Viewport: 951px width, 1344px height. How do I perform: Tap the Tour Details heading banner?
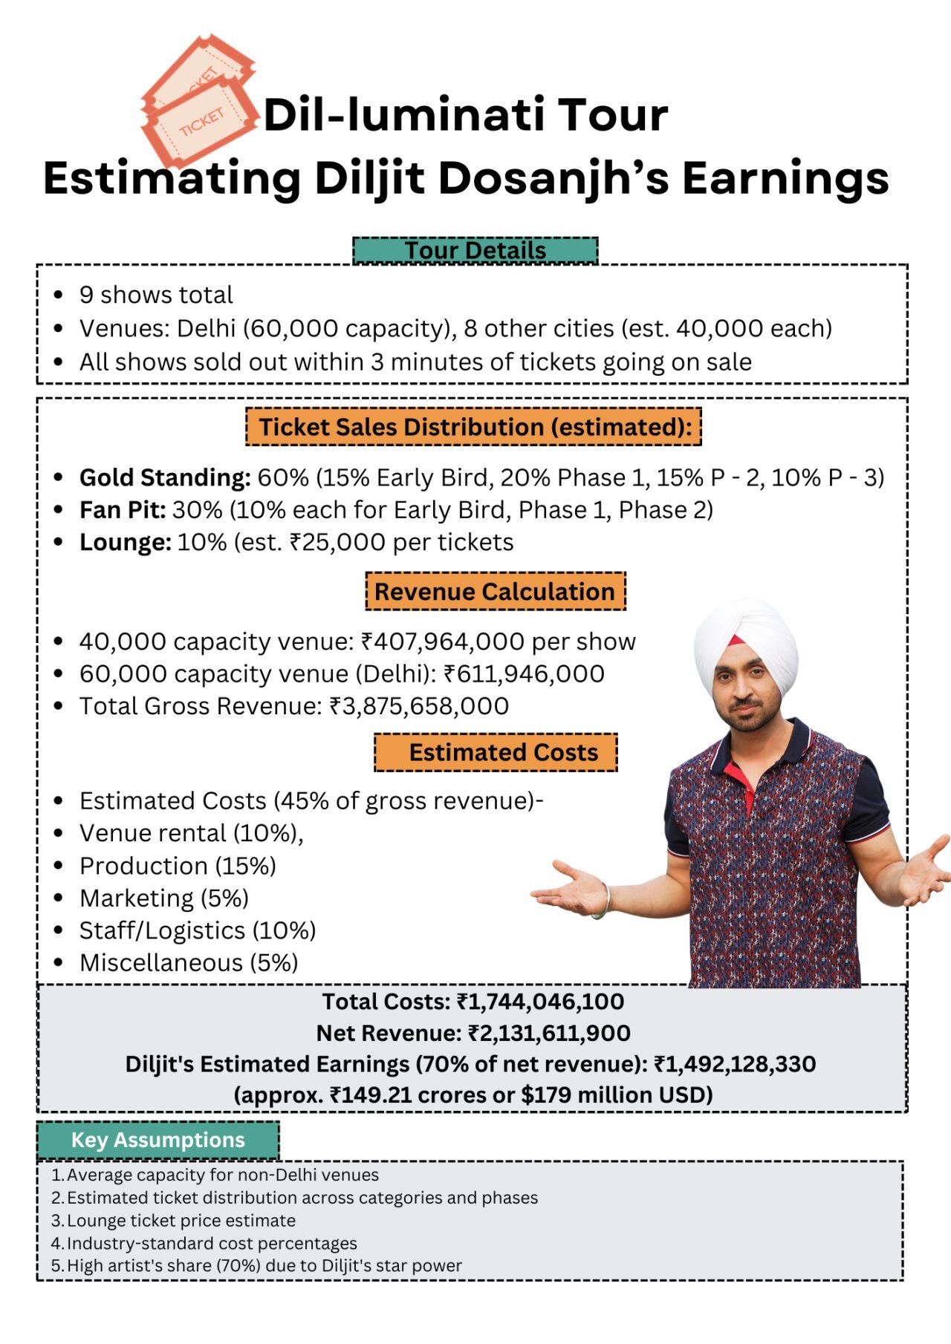point(475,250)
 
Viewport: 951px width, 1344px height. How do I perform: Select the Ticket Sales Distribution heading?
point(474,427)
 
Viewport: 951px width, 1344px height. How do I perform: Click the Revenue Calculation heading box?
point(495,592)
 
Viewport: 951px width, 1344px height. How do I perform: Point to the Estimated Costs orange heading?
point(496,752)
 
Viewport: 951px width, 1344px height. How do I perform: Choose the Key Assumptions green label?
point(158,1140)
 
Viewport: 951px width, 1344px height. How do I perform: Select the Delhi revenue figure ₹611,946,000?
point(524,674)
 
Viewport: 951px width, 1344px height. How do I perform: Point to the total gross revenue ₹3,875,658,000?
point(420,706)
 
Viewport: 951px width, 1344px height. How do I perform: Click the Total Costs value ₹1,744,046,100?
point(540,1002)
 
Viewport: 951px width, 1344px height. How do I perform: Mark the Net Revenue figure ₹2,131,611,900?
point(549,1033)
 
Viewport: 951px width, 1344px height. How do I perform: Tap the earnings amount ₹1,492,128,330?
point(734,1064)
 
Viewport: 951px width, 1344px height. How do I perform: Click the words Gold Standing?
point(165,477)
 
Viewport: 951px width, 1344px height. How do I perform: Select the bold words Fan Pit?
point(123,510)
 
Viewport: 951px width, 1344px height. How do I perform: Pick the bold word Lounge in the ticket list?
point(126,543)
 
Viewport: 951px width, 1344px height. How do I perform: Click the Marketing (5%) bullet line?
point(164,898)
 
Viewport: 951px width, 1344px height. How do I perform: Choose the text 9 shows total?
point(156,295)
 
